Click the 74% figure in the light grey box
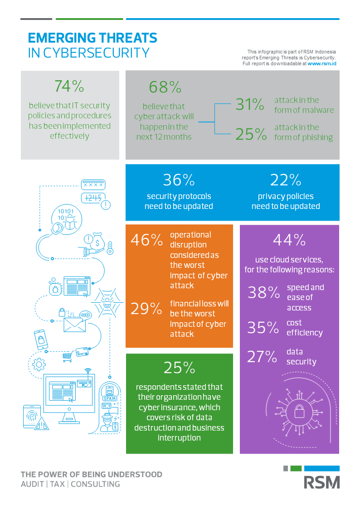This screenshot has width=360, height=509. pos(69,86)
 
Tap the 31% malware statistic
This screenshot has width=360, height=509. pos(249,105)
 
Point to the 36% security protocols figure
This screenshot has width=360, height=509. pos(179,180)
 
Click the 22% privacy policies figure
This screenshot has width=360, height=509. pos(286,180)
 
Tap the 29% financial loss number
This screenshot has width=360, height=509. pos(146,309)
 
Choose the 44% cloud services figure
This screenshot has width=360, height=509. pos(289,240)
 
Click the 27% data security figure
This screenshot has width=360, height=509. pos(262,357)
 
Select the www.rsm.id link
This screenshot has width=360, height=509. pos(321,64)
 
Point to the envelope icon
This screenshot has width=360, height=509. pos(75,325)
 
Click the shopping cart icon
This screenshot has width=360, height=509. pos(67,357)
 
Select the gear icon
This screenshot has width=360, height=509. pos(39,364)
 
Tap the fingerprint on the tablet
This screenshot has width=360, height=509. pos(32,417)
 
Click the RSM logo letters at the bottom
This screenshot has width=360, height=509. pos(321,482)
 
